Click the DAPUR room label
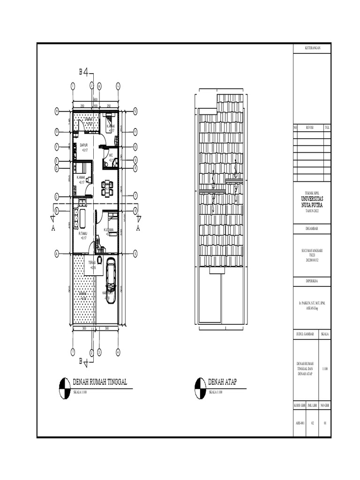click(x=84, y=145)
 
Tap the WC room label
click(x=111, y=155)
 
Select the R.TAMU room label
click(x=83, y=233)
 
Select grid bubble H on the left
click(x=56, y=111)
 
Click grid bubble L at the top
click(x=118, y=86)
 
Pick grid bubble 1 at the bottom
click(x=73, y=352)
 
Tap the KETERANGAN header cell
click(x=312, y=48)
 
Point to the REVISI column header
click(x=309, y=127)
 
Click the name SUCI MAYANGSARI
click(x=312, y=251)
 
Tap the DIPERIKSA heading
click(x=312, y=281)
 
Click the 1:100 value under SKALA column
click(x=325, y=369)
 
